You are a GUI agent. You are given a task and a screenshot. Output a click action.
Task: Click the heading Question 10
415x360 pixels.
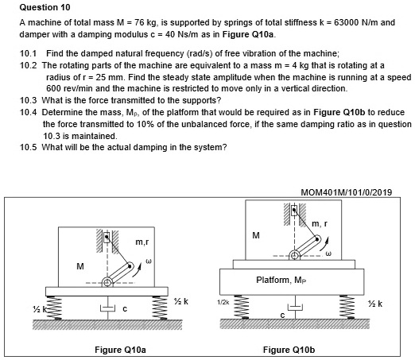click(x=38, y=6)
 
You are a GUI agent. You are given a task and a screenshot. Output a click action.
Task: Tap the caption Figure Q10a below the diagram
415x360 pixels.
click(x=119, y=349)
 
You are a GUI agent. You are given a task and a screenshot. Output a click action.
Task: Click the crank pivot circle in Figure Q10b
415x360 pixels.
click(x=295, y=255)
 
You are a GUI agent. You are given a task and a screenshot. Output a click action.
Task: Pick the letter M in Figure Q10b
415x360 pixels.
click(x=255, y=234)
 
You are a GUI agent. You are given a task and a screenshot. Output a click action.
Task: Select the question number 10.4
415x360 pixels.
click(x=26, y=113)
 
